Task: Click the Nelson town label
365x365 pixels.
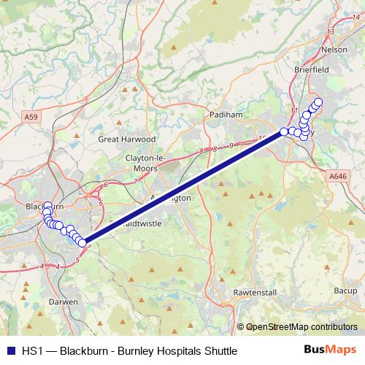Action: click(x=334, y=50)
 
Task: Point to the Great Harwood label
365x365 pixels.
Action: click(x=128, y=139)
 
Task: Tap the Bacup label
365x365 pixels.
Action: click(x=345, y=291)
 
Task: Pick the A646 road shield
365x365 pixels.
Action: click(x=337, y=176)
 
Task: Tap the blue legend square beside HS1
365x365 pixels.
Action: click(x=10, y=351)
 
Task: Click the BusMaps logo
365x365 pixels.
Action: click(x=331, y=350)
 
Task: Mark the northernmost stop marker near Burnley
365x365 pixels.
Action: click(x=318, y=101)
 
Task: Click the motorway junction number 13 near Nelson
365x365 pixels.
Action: click(x=331, y=31)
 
